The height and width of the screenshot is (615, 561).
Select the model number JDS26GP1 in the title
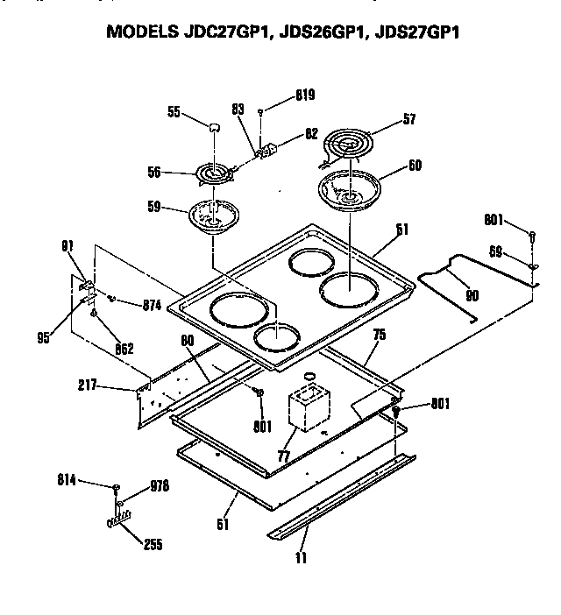pos(321,34)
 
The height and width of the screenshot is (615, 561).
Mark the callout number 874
pos(153,305)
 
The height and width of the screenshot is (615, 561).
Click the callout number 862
pos(124,348)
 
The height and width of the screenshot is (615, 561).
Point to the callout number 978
pos(159,485)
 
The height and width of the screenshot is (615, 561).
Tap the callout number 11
pos(301,556)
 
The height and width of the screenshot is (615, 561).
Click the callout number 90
pos(472,296)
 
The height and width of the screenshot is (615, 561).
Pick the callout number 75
pos(380,333)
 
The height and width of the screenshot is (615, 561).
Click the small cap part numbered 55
pos(212,126)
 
